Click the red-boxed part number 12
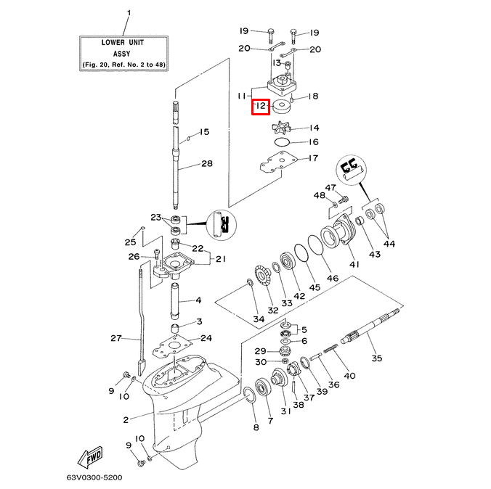pyautogui.click(x=260, y=108)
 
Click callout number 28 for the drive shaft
pyautogui.click(x=207, y=164)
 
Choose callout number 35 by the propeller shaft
pyautogui.click(x=376, y=358)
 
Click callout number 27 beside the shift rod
pyautogui.click(x=115, y=338)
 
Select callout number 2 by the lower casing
pyautogui.click(x=126, y=419)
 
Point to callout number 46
pyautogui.click(x=333, y=277)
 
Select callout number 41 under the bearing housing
pyautogui.click(x=354, y=264)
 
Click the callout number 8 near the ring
pyautogui.click(x=255, y=427)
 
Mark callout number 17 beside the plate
pyautogui.click(x=313, y=158)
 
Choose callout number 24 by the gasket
pyautogui.click(x=206, y=337)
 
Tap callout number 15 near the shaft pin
pyautogui.click(x=204, y=132)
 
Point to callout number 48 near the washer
pyautogui.click(x=320, y=196)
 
